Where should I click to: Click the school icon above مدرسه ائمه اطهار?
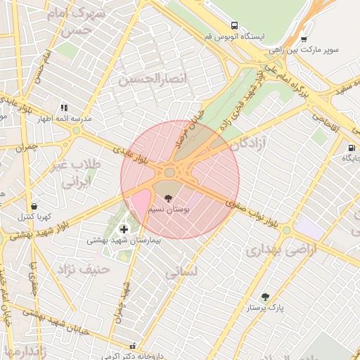64,108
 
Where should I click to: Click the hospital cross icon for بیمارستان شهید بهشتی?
124,229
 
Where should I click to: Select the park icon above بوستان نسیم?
166,198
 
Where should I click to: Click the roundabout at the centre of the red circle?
169,172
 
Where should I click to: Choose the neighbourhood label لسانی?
184,273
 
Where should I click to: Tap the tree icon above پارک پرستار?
264,297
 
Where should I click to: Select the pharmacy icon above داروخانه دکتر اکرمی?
133,345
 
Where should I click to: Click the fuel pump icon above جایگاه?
350,148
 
